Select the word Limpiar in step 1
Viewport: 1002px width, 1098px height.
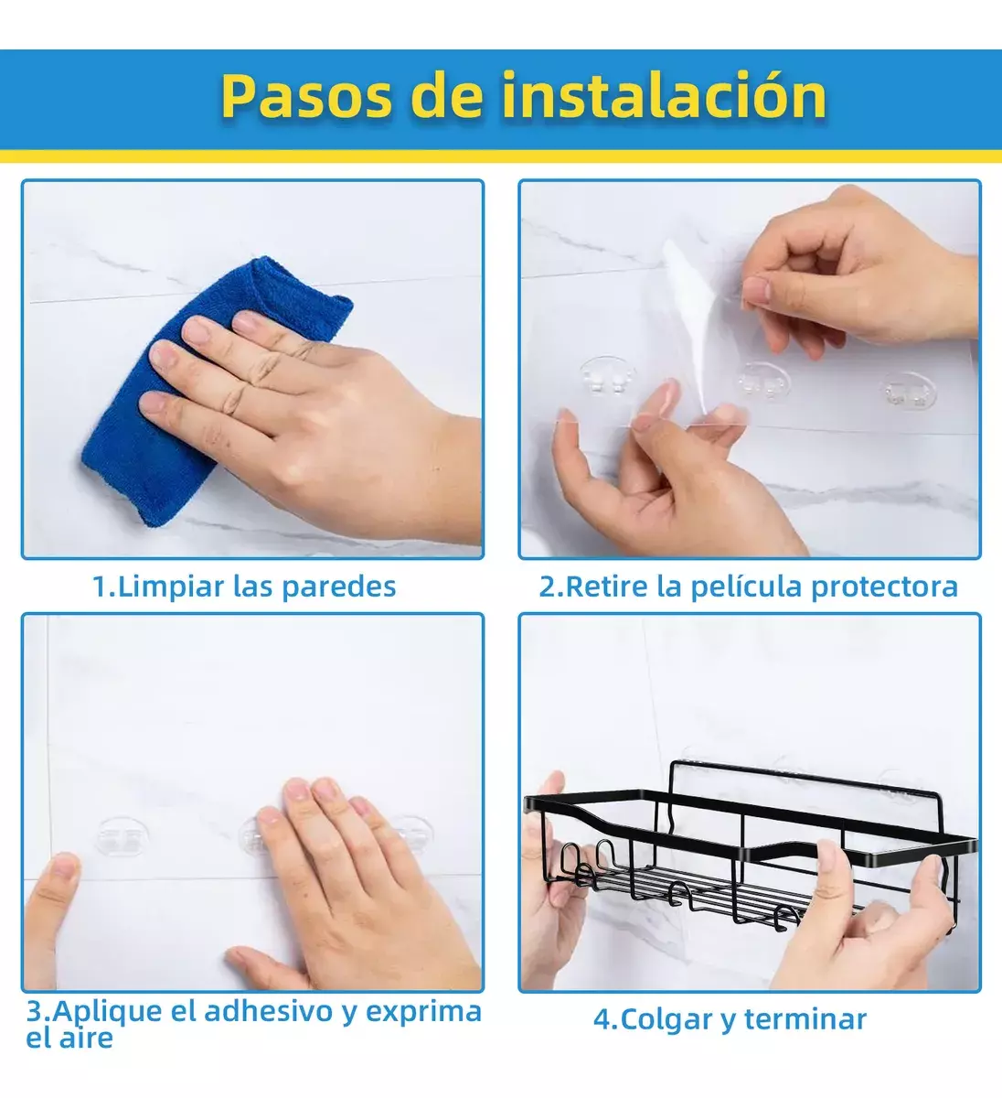coord(171,587)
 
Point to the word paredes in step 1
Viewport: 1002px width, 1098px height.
coord(339,587)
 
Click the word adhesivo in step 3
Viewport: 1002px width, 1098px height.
coord(269,1010)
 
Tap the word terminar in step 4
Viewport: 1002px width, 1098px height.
coord(805,1019)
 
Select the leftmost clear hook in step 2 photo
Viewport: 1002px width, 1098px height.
coord(608,375)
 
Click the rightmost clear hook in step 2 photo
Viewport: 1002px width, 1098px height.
coord(908,390)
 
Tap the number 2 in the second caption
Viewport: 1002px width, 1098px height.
coord(547,587)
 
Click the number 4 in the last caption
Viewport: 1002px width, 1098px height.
coord(602,1019)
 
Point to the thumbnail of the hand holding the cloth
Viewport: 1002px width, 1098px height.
coord(252,370)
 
